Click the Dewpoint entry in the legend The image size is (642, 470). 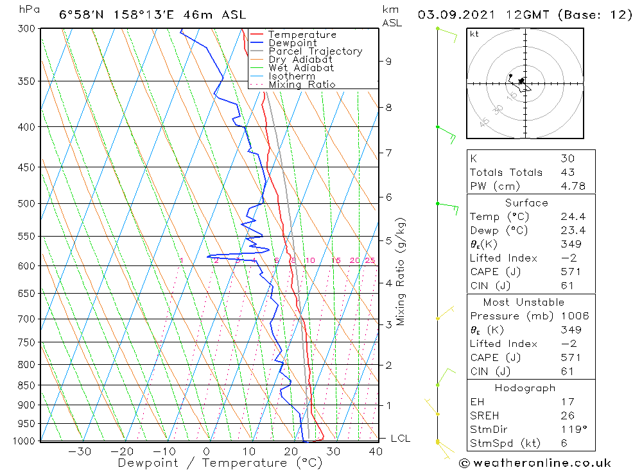click(x=292, y=43)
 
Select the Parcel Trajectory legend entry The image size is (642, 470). click(x=315, y=51)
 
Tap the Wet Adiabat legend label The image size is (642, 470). click(x=300, y=68)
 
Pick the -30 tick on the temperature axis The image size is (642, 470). click(x=80, y=451)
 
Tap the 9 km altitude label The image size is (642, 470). click(x=388, y=62)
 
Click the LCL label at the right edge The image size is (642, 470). click(x=400, y=439)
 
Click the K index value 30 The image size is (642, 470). click(x=567, y=158)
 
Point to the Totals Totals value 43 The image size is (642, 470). click(x=567, y=172)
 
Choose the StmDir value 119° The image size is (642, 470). click(x=570, y=430)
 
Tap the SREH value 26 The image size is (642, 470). click(x=567, y=415)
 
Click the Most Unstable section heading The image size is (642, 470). click(x=524, y=302)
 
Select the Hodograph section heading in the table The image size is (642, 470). click(x=525, y=388)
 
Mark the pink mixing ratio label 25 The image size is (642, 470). click(x=370, y=260)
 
